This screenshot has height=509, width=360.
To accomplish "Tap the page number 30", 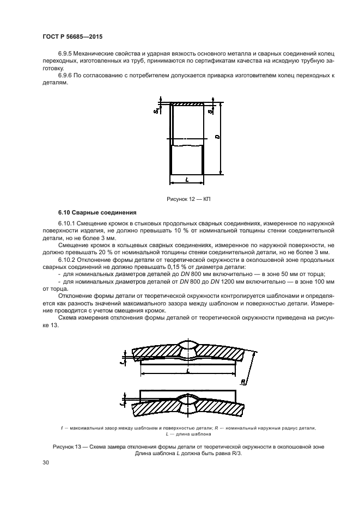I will (45, 463).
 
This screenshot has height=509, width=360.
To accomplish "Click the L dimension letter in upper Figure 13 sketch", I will (187, 371).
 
